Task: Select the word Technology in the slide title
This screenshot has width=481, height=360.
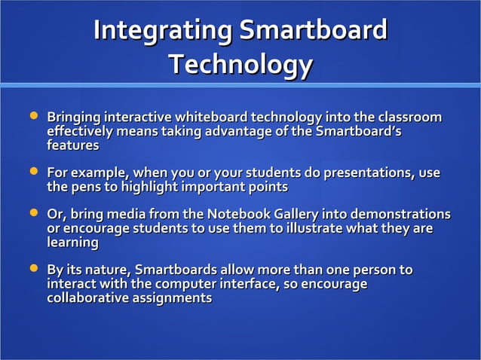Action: (240, 65)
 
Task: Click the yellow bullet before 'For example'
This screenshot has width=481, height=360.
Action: (33, 172)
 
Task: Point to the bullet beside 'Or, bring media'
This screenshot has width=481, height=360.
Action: (33, 215)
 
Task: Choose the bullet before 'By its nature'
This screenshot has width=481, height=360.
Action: (33, 269)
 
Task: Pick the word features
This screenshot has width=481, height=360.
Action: (73, 145)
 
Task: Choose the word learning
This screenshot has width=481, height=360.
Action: (73, 243)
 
